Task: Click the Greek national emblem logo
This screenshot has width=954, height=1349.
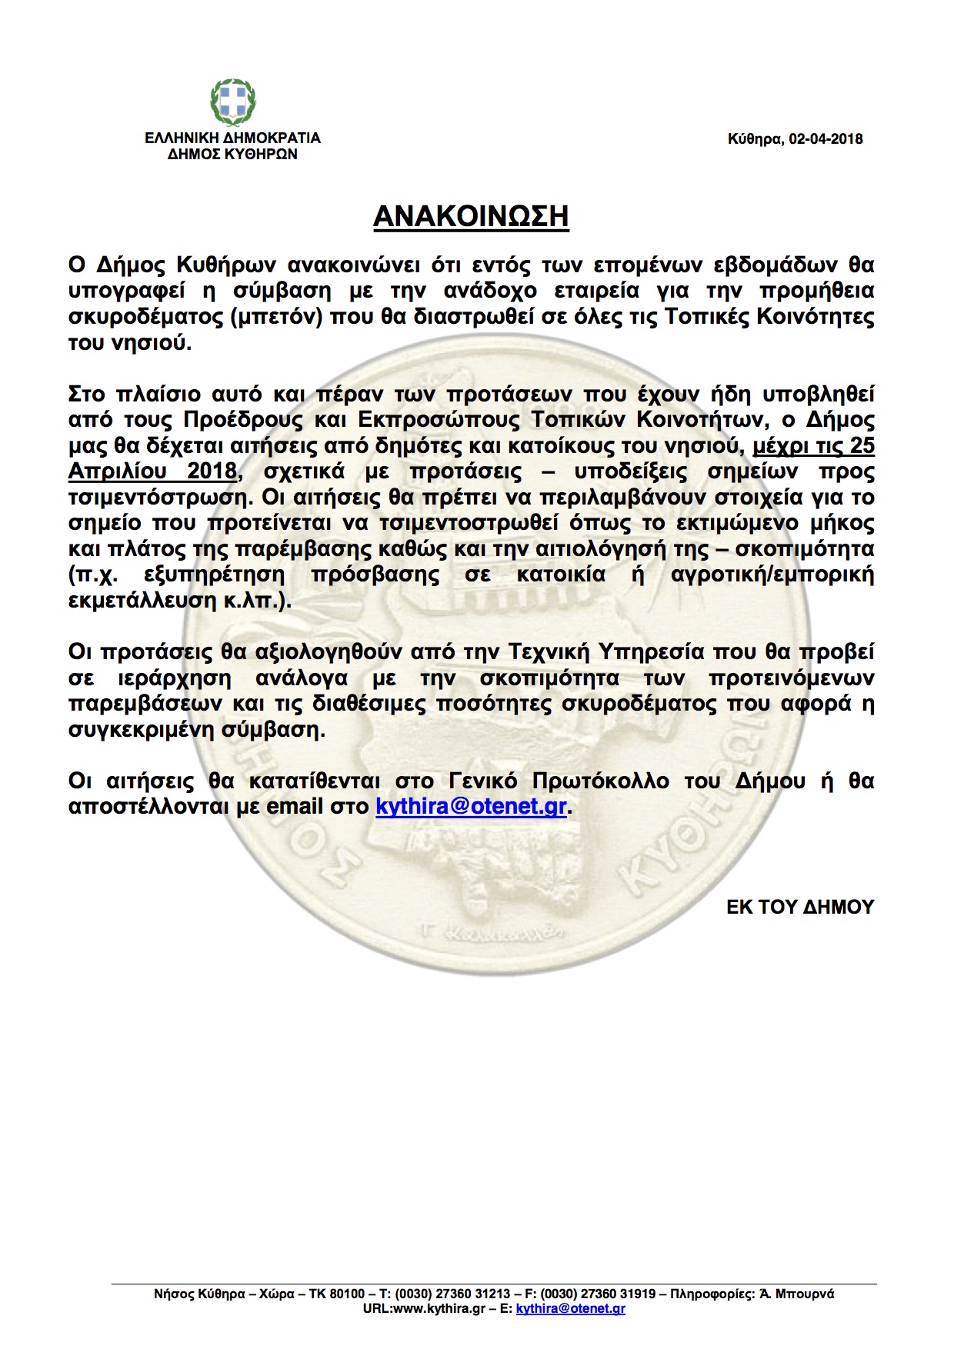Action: (233, 103)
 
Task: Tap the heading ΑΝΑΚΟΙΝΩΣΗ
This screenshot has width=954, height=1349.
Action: (471, 217)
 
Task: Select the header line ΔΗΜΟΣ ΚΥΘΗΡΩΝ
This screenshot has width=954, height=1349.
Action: (232, 154)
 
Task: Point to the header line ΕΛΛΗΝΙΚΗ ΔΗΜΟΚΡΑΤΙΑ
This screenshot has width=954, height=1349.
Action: (232, 138)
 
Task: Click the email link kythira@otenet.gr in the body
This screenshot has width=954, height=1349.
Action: (471, 807)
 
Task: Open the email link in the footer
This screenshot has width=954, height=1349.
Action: (570, 1308)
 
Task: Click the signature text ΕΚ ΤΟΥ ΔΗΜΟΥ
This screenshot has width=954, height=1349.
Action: (800, 907)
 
